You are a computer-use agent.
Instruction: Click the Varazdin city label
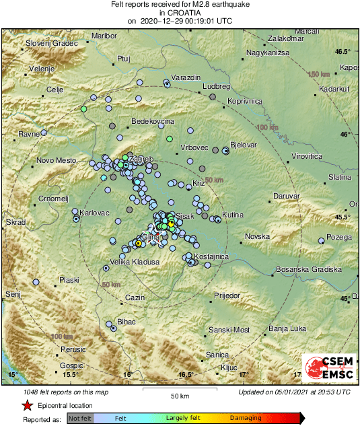[x=186, y=78]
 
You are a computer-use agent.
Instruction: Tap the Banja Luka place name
[x=287, y=328]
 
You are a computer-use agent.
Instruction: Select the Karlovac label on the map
[x=94, y=213]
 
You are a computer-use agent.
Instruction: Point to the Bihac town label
[x=127, y=322]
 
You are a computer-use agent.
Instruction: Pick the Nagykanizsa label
[x=267, y=52]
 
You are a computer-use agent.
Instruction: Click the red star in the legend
[x=27, y=406]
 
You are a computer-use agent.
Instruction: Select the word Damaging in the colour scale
[x=246, y=419]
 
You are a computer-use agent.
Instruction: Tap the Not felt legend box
[x=79, y=419]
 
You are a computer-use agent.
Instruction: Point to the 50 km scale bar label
[x=178, y=395]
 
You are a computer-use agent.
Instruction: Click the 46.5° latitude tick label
[x=345, y=52]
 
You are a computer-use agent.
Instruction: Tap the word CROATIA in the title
[x=180, y=12]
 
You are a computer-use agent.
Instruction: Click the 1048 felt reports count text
[x=55, y=392]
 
